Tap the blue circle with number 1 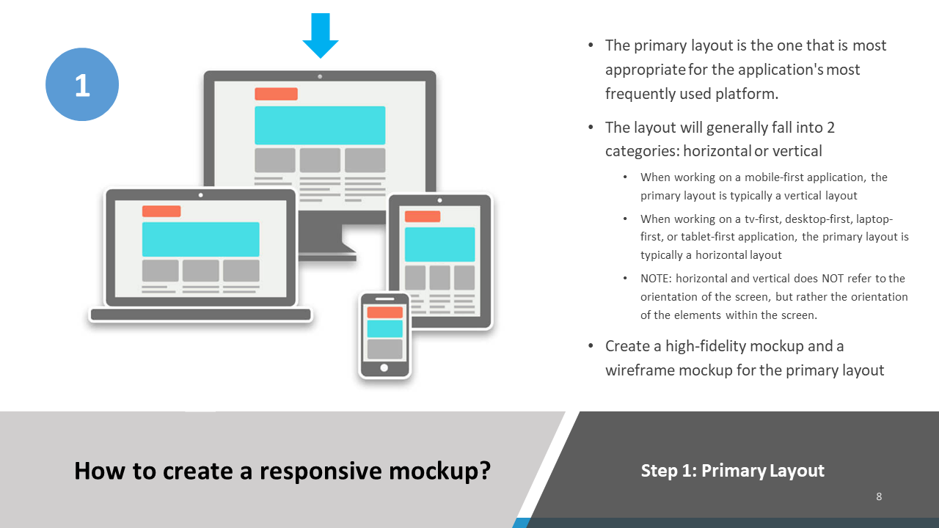tap(82, 85)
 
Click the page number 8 tap(879, 496)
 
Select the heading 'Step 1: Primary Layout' tap(732, 470)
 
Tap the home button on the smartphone tap(384, 367)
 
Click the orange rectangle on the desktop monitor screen tap(276, 94)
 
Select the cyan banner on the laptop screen tap(200, 239)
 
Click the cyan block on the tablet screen tap(439, 244)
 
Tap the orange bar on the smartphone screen tap(384, 312)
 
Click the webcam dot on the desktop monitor tap(320, 76)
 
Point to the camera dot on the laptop tap(200, 195)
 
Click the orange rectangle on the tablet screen tap(423, 216)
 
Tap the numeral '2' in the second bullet tap(830, 128)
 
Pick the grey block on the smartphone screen tap(384, 348)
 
